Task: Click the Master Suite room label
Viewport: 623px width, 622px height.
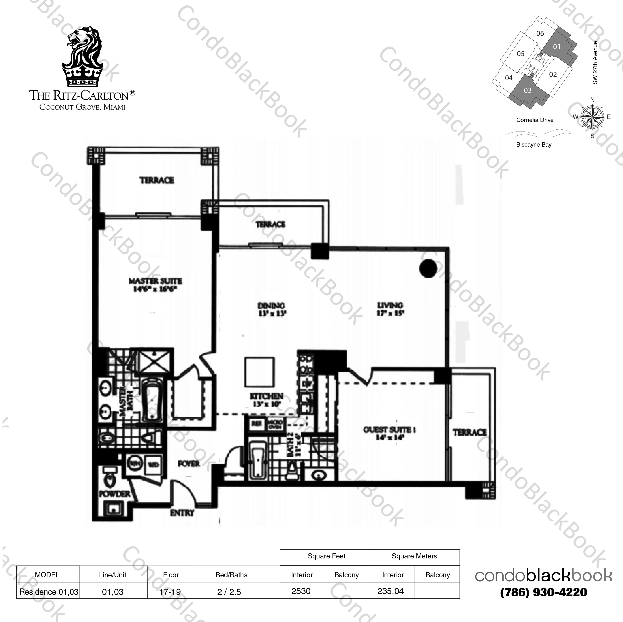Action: pos(155,285)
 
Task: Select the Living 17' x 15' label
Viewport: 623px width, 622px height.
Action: pos(390,309)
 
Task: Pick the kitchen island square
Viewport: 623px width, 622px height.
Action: pos(260,372)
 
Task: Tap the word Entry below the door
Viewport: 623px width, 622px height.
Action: pos(182,513)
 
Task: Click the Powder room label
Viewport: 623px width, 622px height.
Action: pos(115,494)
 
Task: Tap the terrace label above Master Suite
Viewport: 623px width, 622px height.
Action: pos(157,180)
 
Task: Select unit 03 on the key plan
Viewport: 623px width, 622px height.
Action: pos(527,90)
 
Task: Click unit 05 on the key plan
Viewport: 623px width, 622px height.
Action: pos(520,54)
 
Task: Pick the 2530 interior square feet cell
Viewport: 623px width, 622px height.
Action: pos(301,591)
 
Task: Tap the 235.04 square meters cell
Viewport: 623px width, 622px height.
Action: pos(391,591)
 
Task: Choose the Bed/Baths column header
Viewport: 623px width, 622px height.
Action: pos(232,575)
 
